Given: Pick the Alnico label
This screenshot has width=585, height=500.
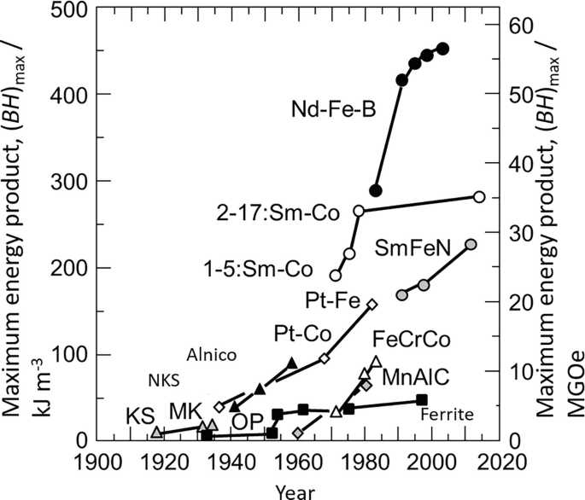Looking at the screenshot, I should (213, 354).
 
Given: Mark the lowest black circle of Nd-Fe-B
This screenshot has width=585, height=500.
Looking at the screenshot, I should (375, 189).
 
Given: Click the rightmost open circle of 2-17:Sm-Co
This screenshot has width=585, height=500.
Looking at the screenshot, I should (479, 197).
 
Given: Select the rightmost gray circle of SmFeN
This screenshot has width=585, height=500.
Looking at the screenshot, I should (471, 245).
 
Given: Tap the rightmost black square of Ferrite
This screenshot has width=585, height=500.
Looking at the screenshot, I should (421, 400).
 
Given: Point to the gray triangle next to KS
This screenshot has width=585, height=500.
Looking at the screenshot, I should (156, 433).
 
